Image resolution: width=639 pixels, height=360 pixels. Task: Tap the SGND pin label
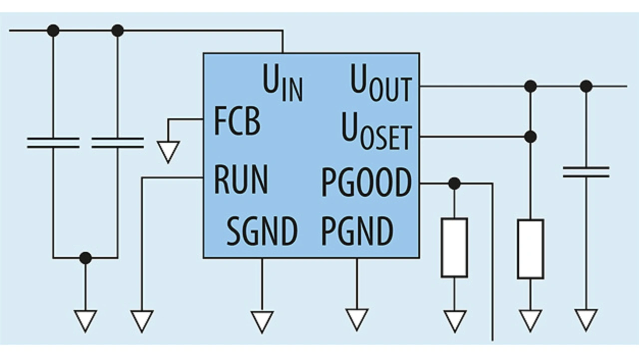(x=262, y=231)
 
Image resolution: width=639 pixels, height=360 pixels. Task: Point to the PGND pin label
(x=357, y=231)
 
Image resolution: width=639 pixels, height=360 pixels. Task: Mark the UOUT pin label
(x=380, y=83)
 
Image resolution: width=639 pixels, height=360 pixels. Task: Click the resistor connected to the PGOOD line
(x=454, y=247)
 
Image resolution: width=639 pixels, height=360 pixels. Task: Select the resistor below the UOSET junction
(x=530, y=249)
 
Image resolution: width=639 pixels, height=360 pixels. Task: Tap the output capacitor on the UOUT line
(x=586, y=172)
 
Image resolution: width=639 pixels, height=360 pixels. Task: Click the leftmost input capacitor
(x=53, y=143)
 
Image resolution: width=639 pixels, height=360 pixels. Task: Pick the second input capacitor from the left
(x=118, y=143)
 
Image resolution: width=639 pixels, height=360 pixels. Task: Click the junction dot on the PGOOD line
(x=454, y=183)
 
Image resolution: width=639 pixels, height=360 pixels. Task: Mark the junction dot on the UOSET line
(x=530, y=136)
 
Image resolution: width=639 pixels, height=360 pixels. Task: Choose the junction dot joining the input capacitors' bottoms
(x=85, y=258)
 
